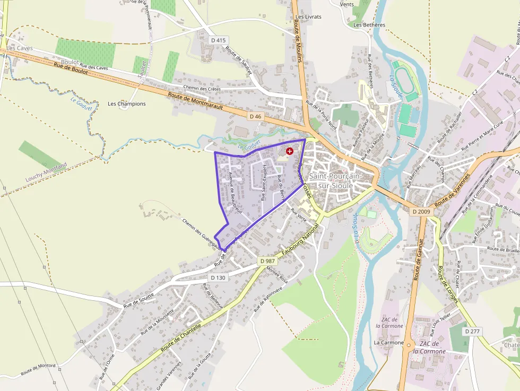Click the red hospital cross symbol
[289, 151]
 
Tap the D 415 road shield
[218, 40]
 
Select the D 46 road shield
[256, 116]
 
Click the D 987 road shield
[268, 261]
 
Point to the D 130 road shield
[218, 277]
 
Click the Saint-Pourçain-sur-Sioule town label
[335, 181]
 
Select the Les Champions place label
[127, 103]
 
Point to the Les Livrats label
[308, 16]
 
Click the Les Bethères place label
[369, 24]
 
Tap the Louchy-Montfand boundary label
[47, 172]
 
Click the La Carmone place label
[388, 343]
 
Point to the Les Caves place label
[20, 48]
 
